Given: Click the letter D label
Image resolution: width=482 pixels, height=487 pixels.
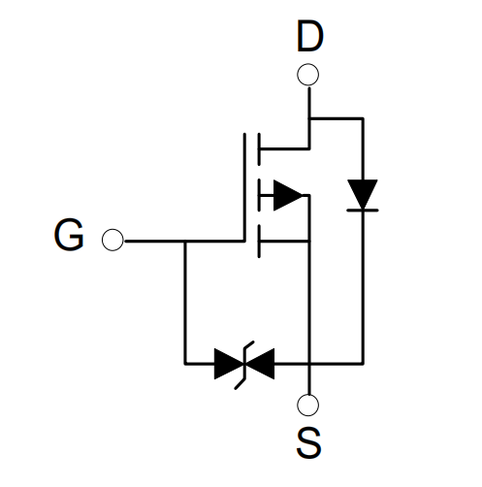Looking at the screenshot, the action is click(x=309, y=36).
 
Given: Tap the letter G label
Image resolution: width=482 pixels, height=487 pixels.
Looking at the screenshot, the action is click(x=69, y=235).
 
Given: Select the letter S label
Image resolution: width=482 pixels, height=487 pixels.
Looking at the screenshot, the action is click(x=308, y=442).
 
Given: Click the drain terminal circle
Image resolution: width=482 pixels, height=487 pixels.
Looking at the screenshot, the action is click(x=307, y=75).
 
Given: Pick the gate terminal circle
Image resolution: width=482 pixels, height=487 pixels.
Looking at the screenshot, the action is click(x=112, y=240).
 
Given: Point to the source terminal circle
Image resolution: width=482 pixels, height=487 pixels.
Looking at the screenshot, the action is click(x=307, y=405).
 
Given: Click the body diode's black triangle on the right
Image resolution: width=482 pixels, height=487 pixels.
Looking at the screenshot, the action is click(x=363, y=194).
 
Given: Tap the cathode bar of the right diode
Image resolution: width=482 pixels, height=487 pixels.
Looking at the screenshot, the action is click(x=363, y=211).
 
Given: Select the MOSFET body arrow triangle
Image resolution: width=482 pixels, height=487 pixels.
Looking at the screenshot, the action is click(x=288, y=195).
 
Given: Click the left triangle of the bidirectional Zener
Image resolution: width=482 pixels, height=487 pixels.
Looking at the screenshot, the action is click(x=229, y=364).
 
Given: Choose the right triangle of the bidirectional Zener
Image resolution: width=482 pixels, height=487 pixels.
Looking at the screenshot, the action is click(x=259, y=364).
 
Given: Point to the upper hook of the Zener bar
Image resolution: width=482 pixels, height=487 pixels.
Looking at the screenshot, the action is click(x=249, y=344).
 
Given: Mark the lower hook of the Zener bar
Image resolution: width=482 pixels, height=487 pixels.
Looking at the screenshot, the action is click(x=240, y=383).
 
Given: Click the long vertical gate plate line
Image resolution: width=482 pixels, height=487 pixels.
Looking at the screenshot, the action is click(x=244, y=187).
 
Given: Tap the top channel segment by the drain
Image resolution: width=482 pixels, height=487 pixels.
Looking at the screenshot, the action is click(x=259, y=149).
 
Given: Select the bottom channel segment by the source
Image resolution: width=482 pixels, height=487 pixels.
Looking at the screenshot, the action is click(x=259, y=242).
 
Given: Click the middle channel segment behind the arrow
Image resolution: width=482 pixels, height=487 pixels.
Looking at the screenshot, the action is click(x=259, y=195).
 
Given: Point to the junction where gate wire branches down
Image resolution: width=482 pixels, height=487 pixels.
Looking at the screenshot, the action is click(x=185, y=241).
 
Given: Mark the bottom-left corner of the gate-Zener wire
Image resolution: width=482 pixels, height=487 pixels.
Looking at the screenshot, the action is click(x=185, y=364).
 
